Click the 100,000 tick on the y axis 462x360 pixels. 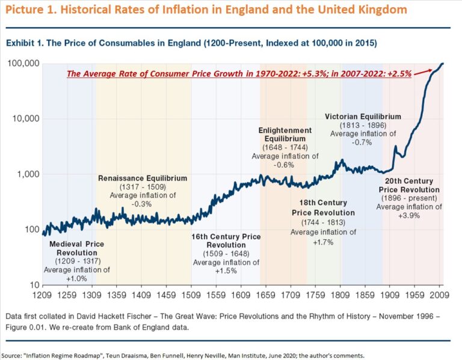(x=23, y=64)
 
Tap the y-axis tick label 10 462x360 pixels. (x=35, y=285)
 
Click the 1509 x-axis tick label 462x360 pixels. (x=191, y=296)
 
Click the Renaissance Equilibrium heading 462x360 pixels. (x=143, y=178)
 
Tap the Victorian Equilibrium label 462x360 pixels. (x=363, y=116)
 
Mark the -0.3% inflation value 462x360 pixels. (x=143, y=204)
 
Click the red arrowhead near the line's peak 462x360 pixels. (x=431, y=70)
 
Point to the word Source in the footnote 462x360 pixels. (x=13, y=355)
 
